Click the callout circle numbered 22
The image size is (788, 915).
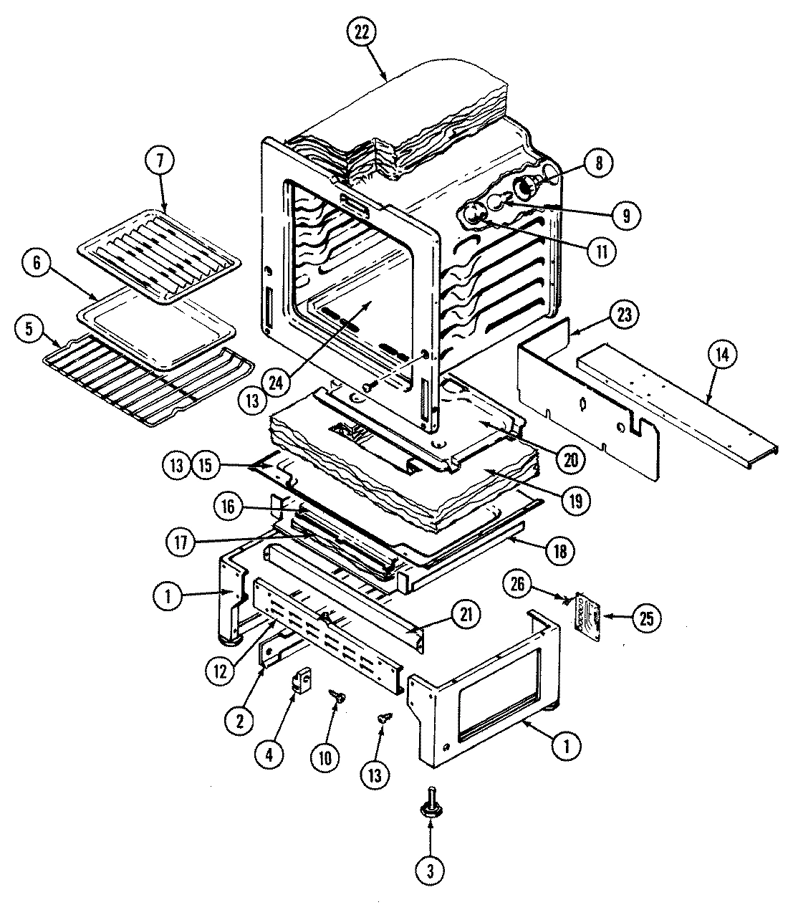(x=362, y=33)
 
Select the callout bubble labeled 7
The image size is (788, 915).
(x=160, y=162)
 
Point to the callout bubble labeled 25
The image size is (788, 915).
(x=647, y=618)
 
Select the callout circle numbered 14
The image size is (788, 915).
(x=726, y=353)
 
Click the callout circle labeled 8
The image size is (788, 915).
(x=599, y=163)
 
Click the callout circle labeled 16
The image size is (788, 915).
(x=228, y=506)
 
